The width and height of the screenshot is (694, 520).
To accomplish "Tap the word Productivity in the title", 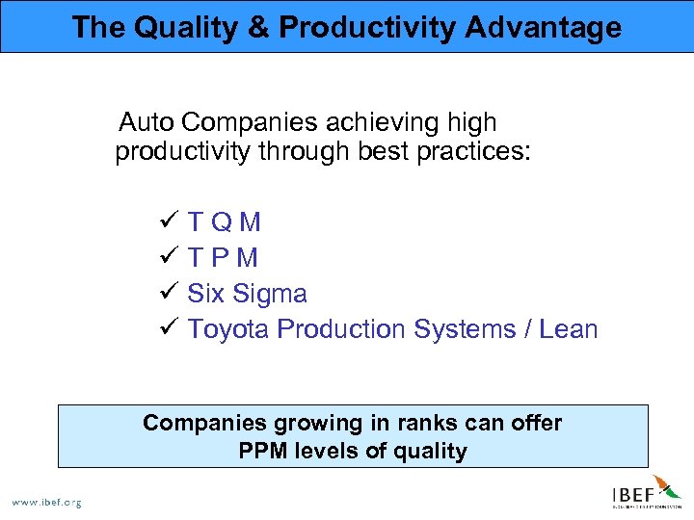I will [x=367, y=27].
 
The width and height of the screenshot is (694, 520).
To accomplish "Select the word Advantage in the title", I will [x=545, y=27].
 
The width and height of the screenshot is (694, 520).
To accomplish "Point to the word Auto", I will [x=146, y=123].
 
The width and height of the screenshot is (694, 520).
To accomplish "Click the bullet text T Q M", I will [x=225, y=223].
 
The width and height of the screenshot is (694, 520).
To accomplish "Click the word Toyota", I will [x=228, y=329].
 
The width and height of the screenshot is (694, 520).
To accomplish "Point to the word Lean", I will [x=569, y=329].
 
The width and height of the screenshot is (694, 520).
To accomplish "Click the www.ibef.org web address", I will [x=45, y=502].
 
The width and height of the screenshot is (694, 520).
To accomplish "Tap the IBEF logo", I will [x=646, y=492].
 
